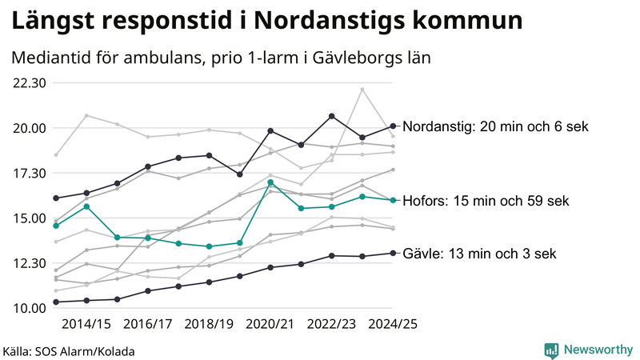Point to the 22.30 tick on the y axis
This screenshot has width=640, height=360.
pos(29,83)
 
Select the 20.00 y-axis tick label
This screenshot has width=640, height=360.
pos(29,128)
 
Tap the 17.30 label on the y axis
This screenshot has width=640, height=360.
pos(29,173)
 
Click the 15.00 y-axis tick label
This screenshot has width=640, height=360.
pos(29,218)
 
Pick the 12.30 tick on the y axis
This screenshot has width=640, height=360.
pos(29,263)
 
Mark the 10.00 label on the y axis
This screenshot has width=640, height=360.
pos(29,308)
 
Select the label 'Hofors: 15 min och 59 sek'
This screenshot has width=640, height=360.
pos(486,201)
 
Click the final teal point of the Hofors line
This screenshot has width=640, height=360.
pos(393,200)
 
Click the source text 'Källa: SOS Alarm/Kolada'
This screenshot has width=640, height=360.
pos(69,351)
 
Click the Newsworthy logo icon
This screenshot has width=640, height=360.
pos(551,350)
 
